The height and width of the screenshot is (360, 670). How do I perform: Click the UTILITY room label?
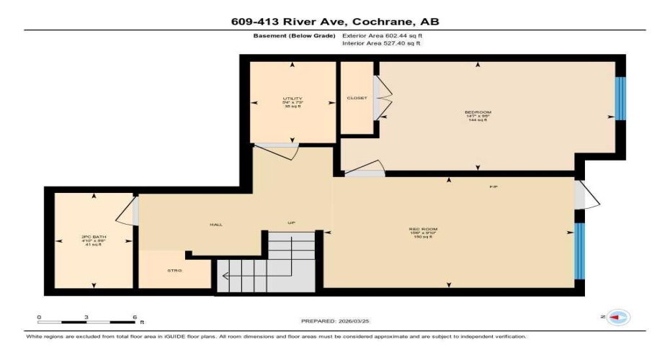[292, 99]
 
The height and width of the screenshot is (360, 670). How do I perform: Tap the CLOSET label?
[357, 98]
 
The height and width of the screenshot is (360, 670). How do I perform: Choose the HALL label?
[215, 225]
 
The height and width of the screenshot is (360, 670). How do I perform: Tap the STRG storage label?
[174, 270]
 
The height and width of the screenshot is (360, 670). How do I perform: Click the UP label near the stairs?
[292, 222]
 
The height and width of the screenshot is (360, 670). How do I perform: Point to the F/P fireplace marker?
[494, 186]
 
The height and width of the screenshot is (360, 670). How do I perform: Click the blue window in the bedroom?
[620, 98]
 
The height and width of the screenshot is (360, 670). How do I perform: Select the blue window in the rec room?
[579, 251]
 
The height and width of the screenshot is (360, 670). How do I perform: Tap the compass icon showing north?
[617, 318]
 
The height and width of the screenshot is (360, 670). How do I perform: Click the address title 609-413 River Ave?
[334, 22]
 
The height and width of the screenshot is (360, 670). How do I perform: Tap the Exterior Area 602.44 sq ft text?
[382, 35]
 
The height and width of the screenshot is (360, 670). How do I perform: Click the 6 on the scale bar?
[134, 317]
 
